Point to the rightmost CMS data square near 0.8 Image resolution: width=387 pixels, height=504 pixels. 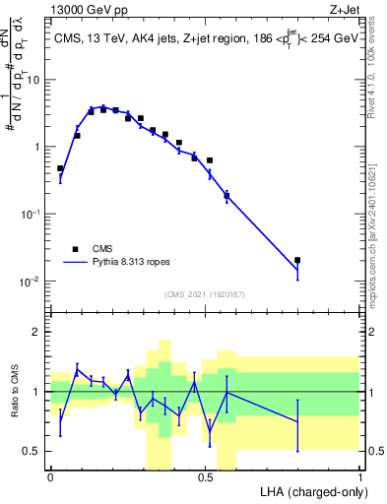[297, 260]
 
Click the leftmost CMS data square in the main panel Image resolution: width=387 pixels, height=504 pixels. [60, 168]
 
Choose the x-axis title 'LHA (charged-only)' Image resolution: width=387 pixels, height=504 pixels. [307, 491]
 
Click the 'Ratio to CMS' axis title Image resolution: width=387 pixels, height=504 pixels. [16, 392]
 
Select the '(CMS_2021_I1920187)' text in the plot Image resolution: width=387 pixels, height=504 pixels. [205, 293]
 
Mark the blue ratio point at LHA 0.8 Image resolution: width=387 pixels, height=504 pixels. [297, 422]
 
